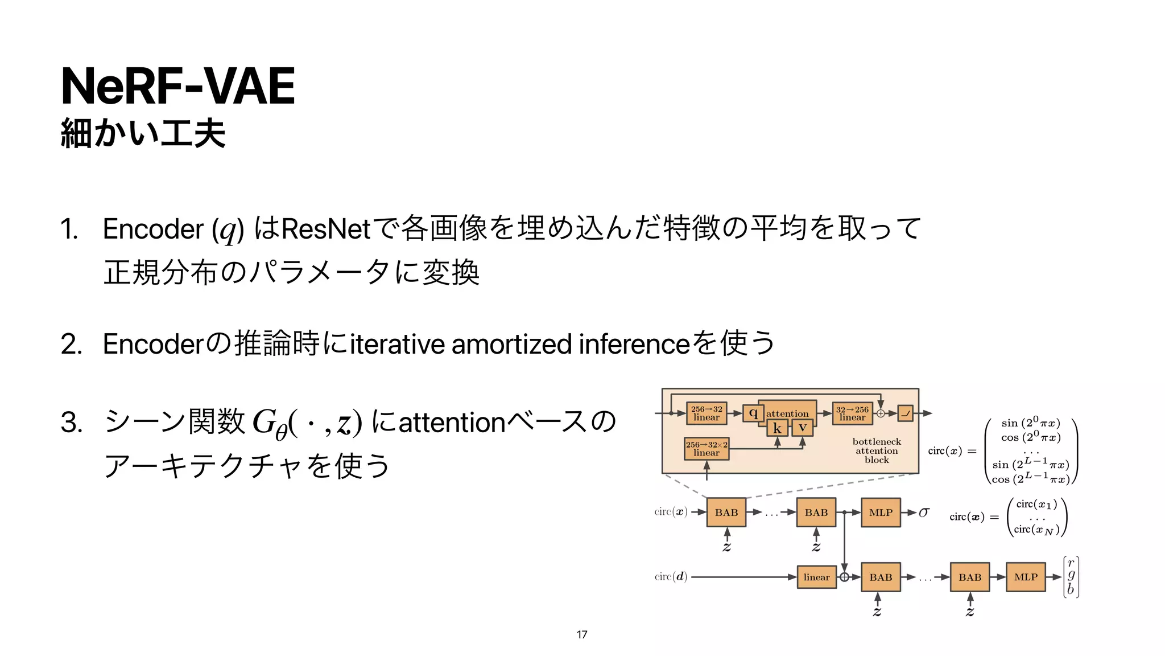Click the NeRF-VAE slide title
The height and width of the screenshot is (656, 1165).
(x=177, y=87)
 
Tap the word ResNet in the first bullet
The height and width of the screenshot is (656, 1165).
(x=325, y=229)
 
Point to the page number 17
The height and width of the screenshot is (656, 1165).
(x=581, y=634)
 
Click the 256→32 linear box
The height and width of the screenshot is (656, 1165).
(x=707, y=413)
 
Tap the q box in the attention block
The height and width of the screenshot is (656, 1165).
(x=753, y=413)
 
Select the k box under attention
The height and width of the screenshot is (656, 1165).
(x=777, y=428)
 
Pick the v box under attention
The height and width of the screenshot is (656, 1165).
(x=802, y=428)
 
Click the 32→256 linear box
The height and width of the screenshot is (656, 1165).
(x=852, y=413)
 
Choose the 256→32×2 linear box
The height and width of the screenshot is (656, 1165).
(x=707, y=449)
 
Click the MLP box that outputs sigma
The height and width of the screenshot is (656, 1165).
(x=881, y=512)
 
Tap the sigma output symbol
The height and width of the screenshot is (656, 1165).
(x=924, y=512)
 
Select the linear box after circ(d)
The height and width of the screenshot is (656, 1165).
(x=816, y=577)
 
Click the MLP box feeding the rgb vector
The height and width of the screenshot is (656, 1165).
(x=1026, y=577)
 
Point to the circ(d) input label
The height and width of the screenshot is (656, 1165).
(x=671, y=577)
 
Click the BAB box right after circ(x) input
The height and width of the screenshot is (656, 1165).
(x=726, y=512)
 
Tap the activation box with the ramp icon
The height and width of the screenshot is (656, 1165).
(x=906, y=413)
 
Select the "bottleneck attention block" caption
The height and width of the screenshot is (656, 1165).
(x=877, y=451)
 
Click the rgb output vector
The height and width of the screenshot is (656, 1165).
(x=1071, y=576)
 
